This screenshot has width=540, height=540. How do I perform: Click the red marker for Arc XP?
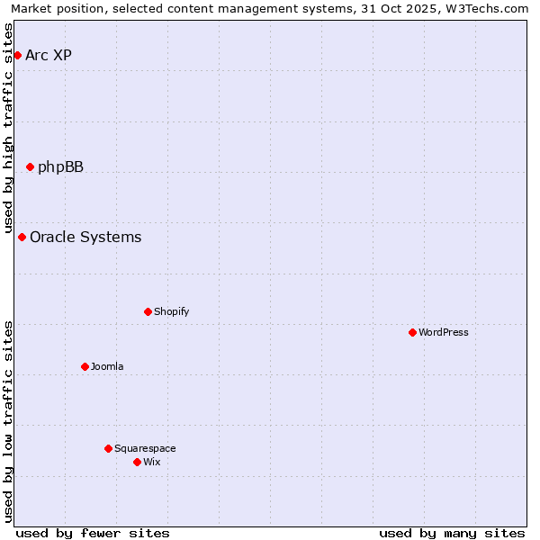(x=17, y=56)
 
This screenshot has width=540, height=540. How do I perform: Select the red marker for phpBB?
(x=30, y=166)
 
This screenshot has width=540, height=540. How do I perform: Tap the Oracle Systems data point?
(x=22, y=238)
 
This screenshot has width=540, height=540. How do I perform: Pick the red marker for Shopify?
(x=148, y=312)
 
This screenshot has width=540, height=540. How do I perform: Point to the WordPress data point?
(x=412, y=333)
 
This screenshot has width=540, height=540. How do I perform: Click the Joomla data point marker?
(x=85, y=366)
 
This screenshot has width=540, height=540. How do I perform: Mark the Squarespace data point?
(x=108, y=448)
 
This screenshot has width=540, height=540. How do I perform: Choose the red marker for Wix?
(x=137, y=462)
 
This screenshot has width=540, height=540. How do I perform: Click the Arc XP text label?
(x=49, y=56)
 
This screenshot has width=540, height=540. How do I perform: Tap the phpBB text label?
(x=60, y=166)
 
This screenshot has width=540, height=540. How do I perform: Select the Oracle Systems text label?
(x=85, y=238)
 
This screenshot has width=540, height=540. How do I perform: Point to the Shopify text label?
(x=171, y=312)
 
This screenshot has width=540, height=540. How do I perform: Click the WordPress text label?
(x=444, y=333)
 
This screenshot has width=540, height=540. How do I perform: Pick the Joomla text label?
(x=107, y=366)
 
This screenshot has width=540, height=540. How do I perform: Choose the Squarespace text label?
(x=145, y=448)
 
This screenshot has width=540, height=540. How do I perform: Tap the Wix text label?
(x=151, y=462)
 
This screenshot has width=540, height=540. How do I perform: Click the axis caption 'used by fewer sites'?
(x=93, y=533)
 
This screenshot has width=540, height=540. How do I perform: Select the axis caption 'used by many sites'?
(x=452, y=533)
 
